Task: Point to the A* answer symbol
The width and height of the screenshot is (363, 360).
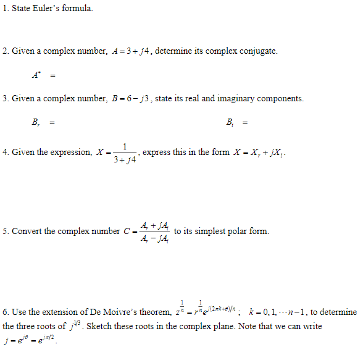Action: click(35, 75)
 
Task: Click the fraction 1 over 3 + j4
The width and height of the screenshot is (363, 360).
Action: click(125, 153)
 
